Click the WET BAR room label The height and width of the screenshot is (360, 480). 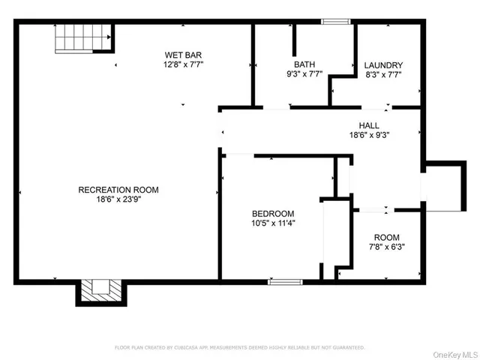coord(184,55)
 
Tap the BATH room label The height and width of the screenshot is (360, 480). coord(304,64)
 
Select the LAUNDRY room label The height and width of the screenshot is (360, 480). coord(383,65)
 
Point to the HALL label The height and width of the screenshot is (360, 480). coord(368,125)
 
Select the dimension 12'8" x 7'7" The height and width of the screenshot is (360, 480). coord(184,65)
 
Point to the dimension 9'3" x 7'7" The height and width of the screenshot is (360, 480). coord(304,75)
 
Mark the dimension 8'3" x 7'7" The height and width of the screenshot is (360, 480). coord(383,75)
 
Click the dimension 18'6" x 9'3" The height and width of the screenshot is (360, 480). coord(368,136)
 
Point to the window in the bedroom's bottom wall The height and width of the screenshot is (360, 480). coord(285,282)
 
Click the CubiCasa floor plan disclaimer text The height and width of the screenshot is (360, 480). coord(239,347)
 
